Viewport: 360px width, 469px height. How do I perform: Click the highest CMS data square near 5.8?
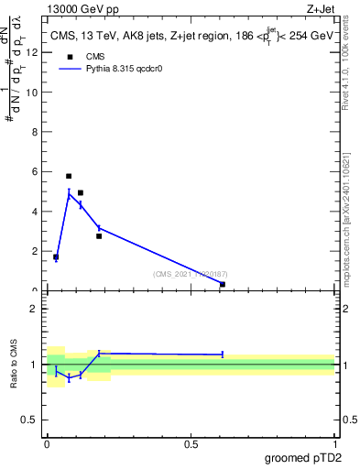(69, 176)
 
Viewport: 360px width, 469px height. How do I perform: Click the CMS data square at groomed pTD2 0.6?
(223, 284)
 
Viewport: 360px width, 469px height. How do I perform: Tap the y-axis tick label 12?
(33, 52)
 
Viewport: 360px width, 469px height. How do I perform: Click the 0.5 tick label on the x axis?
(191, 444)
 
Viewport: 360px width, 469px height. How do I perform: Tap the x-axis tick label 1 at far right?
(335, 444)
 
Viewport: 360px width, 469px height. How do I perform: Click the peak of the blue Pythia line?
(69, 192)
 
